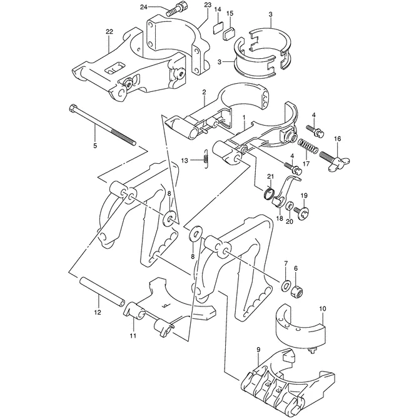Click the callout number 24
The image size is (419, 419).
(144, 7)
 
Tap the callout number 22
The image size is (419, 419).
(109, 31)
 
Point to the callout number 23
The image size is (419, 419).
(189, 5)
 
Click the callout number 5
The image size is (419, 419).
(94, 145)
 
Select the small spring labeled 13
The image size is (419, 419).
(204, 160)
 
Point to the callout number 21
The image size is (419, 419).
(271, 177)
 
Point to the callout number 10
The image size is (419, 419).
(323, 308)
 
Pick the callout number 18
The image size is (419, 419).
(280, 219)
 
